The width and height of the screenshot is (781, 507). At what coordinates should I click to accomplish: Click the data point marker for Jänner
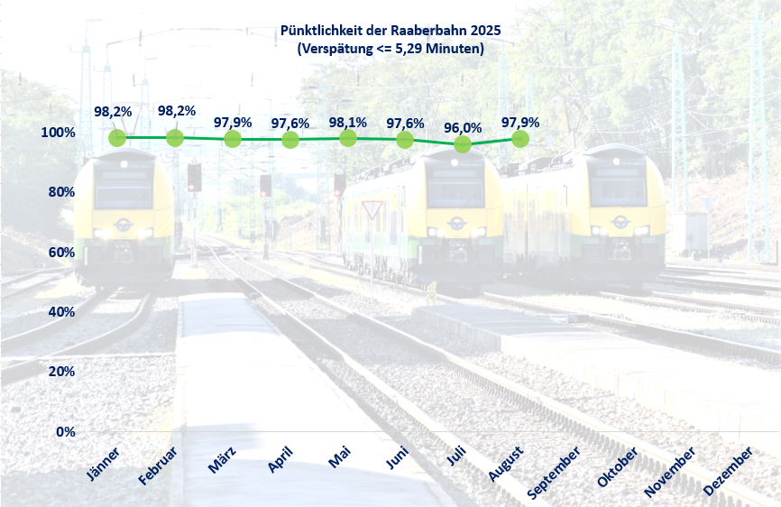(x=117, y=138)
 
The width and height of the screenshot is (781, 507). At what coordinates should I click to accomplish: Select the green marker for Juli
(x=463, y=144)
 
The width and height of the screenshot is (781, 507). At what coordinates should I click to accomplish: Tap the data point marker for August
(x=520, y=139)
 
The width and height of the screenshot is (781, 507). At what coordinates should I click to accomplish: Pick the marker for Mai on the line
(x=347, y=138)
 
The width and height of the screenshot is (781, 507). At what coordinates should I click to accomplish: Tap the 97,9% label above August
(x=520, y=122)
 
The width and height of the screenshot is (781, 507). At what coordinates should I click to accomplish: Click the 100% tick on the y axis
(x=58, y=133)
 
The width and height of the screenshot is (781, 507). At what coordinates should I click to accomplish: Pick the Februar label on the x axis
(x=160, y=465)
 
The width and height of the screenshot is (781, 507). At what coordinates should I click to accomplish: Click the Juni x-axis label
(x=397, y=460)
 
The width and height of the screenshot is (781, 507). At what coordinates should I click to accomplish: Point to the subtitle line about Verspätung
(x=390, y=49)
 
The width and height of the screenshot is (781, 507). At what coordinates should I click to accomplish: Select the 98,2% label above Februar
(x=177, y=111)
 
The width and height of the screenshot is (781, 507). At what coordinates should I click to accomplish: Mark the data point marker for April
(x=290, y=140)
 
